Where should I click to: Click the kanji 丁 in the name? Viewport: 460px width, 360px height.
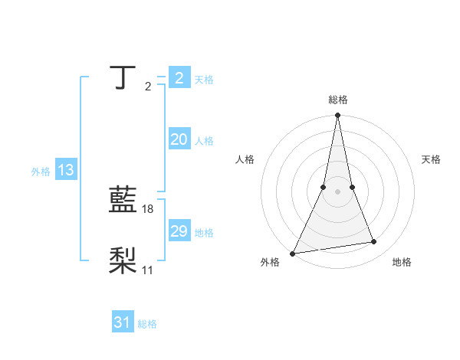click(123, 78)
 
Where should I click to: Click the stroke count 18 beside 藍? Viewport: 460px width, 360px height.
click(149, 209)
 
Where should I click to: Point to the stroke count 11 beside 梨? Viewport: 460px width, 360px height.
click(148, 270)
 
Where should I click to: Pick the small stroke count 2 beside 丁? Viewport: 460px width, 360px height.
click(148, 87)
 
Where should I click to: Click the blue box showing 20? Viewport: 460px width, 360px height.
click(179, 139)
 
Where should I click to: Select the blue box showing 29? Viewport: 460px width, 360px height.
click(179, 231)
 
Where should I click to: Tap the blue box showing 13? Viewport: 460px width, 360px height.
click(65, 170)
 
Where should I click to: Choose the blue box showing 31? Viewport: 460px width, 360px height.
click(123, 322)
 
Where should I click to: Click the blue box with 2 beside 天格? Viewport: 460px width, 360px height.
click(179, 78)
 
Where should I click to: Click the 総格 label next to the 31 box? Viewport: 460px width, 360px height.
click(147, 324)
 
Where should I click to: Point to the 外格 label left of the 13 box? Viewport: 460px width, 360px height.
click(41, 172)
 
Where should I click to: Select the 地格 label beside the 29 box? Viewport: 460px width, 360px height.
click(204, 232)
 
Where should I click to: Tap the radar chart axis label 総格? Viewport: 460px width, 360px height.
click(337, 100)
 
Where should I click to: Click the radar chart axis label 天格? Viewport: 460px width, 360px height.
click(431, 159)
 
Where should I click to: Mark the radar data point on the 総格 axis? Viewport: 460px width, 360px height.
click(337, 116)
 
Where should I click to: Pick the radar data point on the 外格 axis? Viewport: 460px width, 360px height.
click(293, 253)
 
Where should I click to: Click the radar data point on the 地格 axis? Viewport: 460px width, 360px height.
click(374, 242)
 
